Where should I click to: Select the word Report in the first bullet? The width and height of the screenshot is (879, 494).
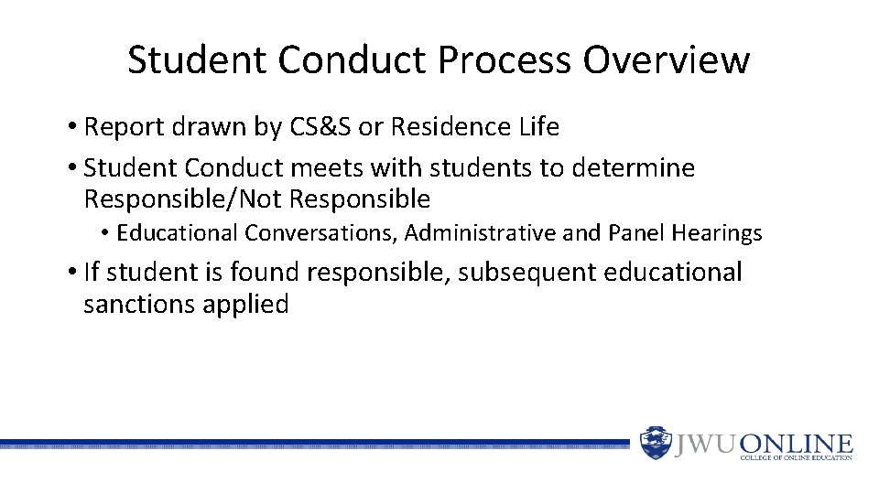(x=121, y=127)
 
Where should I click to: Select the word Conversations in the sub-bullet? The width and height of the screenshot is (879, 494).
(x=319, y=234)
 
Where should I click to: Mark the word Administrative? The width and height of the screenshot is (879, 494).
(x=480, y=234)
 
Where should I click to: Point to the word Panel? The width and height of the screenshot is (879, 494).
(x=635, y=234)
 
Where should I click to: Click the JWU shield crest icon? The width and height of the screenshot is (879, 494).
(x=655, y=443)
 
